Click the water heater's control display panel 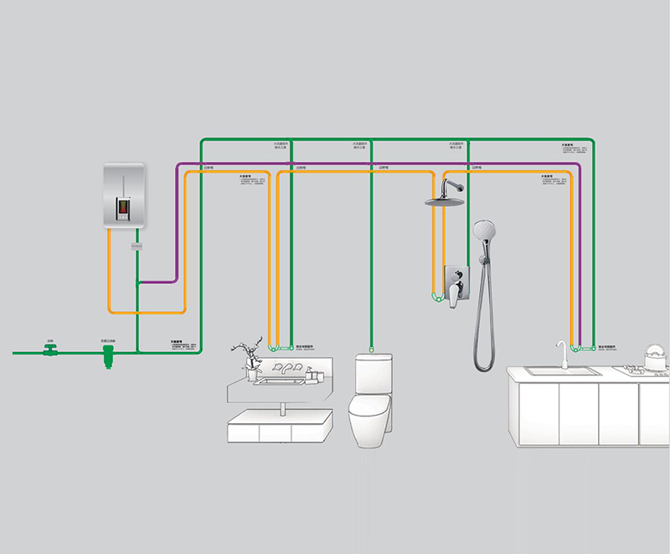coord(123,205)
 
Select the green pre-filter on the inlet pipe coord(107,359)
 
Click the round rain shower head coord(444,201)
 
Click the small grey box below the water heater coord(137,246)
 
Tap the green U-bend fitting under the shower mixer coord(435,298)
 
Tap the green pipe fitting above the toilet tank coord(371,345)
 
